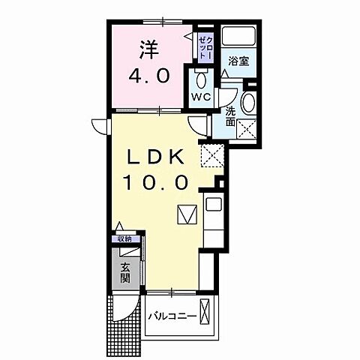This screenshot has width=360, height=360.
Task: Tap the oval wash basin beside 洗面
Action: (x=248, y=103)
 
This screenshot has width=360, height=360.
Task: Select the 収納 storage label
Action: (x=124, y=239)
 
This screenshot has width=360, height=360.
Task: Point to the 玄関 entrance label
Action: (x=124, y=268)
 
